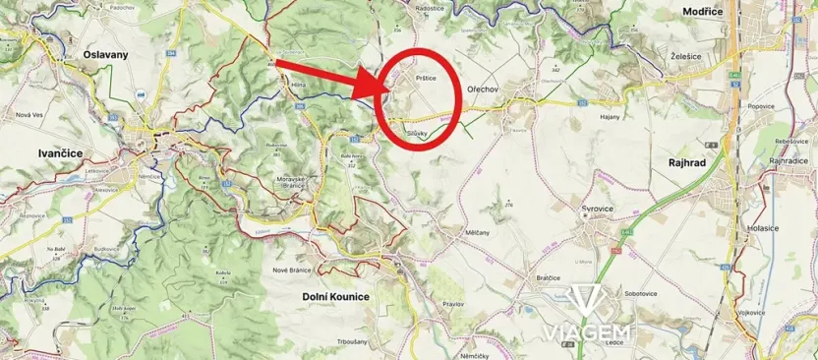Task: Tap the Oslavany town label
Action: (x=107, y=55)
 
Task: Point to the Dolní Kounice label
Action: (x=335, y=295)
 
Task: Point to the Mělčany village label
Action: (x=477, y=233)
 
